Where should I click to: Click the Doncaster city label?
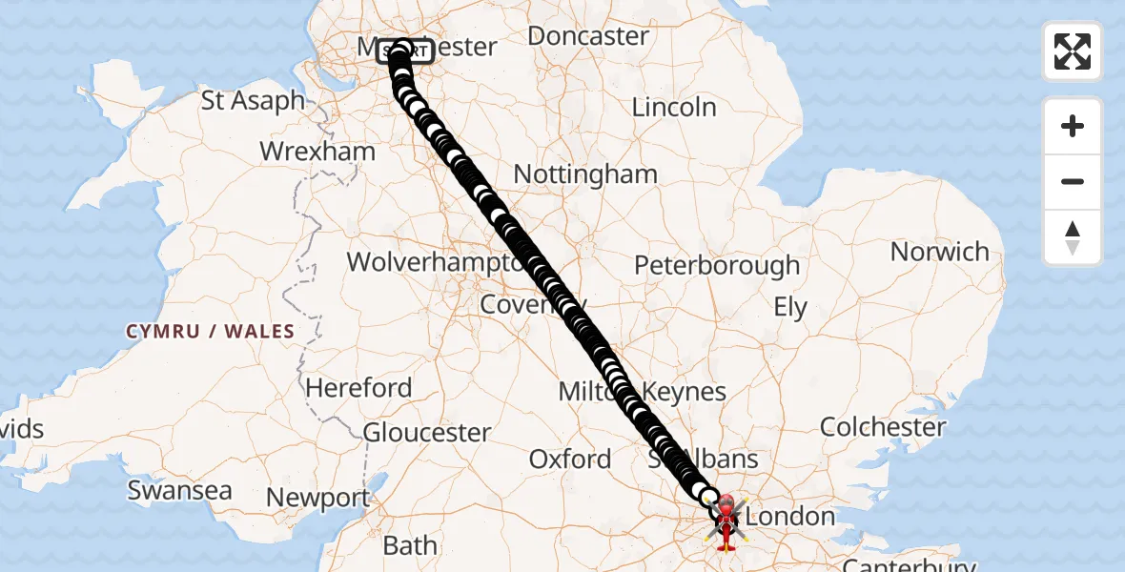(x=587, y=36)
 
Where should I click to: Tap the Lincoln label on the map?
(x=674, y=107)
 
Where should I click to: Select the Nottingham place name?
(x=585, y=174)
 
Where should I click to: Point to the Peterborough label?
(x=717, y=265)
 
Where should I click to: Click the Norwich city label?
(x=939, y=252)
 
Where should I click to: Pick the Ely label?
(x=790, y=308)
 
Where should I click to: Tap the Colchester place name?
(x=883, y=426)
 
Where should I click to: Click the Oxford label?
(x=569, y=459)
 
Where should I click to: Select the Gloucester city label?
(x=427, y=432)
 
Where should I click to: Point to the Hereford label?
(x=358, y=388)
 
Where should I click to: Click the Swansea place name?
(x=179, y=490)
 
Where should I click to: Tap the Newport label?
(x=317, y=498)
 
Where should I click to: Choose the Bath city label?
(x=410, y=545)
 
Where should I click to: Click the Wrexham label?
(x=317, y=152)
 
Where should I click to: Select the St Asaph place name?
(x=253, y=100)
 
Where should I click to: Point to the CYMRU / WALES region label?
(x=210, y=331)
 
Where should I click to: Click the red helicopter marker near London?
(x=726, y=521)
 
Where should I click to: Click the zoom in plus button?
(x=1073, y=126)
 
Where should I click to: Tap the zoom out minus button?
(x=1073, y=181)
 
